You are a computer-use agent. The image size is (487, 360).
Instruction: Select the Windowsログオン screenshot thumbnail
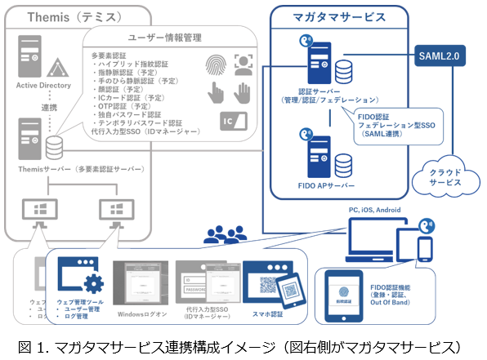(142, 282)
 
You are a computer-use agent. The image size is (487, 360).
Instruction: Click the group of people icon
(222, 235)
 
